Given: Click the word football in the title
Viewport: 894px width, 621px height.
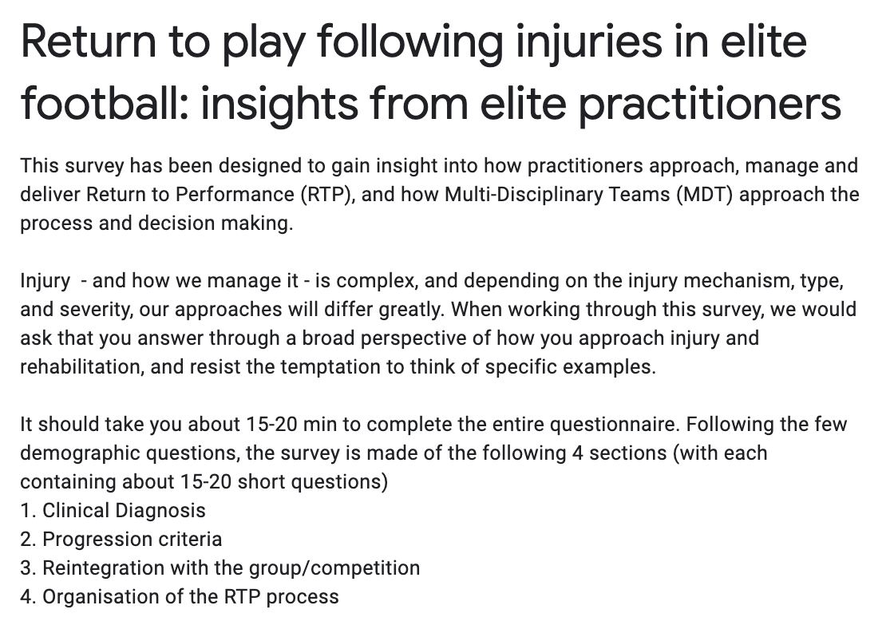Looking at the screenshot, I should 101,103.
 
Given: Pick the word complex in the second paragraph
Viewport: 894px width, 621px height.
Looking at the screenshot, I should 376,281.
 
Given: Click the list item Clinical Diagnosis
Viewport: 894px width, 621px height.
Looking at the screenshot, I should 124,511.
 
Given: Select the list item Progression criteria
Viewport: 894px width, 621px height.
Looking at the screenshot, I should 133,540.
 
